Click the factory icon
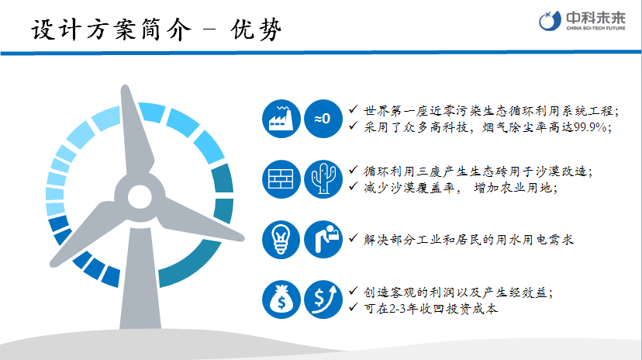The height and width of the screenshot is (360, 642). tap(281, 119)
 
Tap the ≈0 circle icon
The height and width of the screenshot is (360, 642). tap(323, 119)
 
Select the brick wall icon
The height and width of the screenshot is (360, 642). tap(281, 179)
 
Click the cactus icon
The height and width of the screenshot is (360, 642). tap(323, 179)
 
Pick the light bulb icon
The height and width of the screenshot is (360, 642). tap(281, 240)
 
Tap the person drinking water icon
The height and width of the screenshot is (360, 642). tap(323, 240)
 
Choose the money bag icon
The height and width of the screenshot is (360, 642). tap(281, 299)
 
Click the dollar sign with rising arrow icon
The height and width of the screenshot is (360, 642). tap(323, 299)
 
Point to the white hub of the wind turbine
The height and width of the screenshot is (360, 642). tap(140, 197)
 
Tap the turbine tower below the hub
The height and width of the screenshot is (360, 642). tap(140, 279)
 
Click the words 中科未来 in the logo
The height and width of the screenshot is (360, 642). tap(595, 18)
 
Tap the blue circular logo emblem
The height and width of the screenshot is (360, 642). tap(550, 20)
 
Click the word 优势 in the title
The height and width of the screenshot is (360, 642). tap(256, 29)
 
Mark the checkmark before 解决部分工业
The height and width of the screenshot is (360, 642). tap(354, 237)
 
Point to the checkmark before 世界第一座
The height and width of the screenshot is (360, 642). tap(354, 109)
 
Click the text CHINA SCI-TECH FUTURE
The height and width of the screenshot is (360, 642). tap(595, 28)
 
